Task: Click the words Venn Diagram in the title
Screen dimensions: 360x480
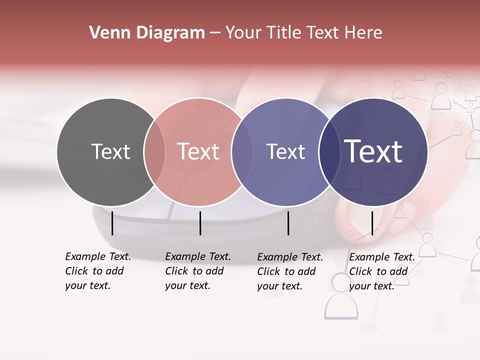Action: (147, 33)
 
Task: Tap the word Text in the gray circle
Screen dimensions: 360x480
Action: (110, 151)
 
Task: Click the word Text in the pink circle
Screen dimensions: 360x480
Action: (198, 151)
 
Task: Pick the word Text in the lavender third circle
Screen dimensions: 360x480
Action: (285, 151)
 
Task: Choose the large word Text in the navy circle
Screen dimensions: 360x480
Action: (373, 151)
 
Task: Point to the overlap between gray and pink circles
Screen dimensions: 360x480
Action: (154, 152)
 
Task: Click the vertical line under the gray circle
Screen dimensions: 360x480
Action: (112, 223)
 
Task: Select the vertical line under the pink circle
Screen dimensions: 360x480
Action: (200, 223)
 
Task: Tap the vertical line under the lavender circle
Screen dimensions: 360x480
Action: (288, 223)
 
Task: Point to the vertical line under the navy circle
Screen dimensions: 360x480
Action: (372, 223)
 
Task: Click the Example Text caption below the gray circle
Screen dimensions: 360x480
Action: (98, 271)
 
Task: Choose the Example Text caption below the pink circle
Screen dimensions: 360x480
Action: (198, 271)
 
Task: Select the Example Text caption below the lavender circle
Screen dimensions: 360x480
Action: (290, 271)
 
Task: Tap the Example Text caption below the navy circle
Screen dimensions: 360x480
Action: (382, 271)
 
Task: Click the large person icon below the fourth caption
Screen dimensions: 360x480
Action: (341, 297)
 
